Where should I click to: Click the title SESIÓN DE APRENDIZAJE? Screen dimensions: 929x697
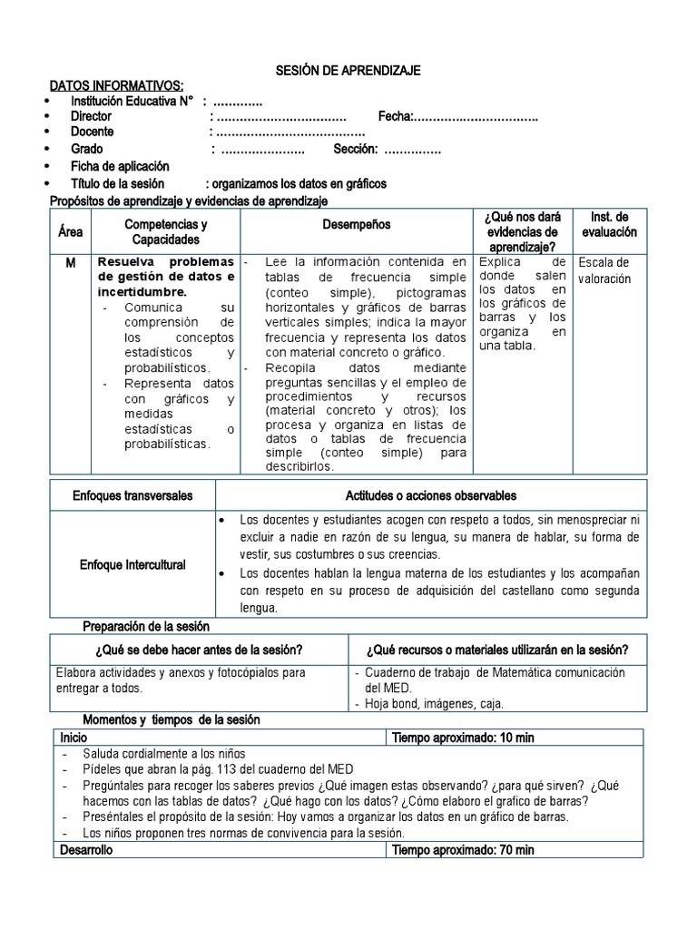pos(348,71)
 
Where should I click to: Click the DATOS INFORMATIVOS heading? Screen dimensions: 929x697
pos(116,85)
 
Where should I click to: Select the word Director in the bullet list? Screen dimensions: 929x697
pos(91,117)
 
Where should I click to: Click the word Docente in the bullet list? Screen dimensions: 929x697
pos(93,132)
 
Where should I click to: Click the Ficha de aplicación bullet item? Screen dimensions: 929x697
pos(120,167)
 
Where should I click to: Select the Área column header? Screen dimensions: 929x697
pos(70,231)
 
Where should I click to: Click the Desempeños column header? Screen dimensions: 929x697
pos(356,224)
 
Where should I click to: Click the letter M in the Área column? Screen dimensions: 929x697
pos(70,262)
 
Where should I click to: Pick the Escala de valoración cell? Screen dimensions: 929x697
pos(604,271)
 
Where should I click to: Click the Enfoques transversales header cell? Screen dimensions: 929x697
pos(133,496)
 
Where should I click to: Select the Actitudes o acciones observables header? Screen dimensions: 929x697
pos(431,496)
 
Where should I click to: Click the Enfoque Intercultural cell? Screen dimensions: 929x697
pos(133,565)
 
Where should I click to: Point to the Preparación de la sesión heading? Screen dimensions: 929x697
pos(146,626)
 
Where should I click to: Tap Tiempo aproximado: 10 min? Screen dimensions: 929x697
pos(463,738)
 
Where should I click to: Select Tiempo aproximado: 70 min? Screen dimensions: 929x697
pos(463,850)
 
